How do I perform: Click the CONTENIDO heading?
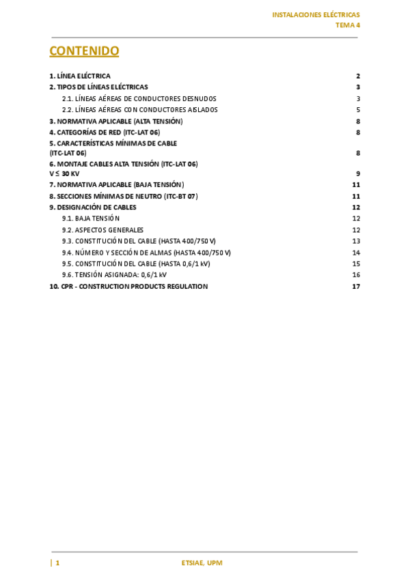tap(84, 51)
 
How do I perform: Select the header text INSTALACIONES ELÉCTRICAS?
tap(316, 14)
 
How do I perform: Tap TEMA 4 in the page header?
tap(347, 25)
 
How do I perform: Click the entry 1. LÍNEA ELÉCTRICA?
tap(80, 76)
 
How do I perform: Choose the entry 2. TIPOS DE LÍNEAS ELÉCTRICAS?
tap(98, 87)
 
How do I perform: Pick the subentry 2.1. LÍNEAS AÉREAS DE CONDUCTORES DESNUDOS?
tap(139, 98)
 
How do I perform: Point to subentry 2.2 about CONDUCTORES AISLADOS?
tap(140, 109)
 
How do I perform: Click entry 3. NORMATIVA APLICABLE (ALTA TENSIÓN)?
tap(115, 121)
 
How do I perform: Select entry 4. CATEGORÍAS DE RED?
tap(105, 132)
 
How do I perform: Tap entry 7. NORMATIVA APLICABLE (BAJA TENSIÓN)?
tap(116, 184)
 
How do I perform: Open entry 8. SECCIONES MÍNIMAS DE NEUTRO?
tap(123, 196)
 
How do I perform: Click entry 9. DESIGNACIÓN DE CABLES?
tap(93, 207)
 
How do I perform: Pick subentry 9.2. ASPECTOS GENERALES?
tap(102, 230)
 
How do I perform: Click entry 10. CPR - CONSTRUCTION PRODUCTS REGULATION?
tap(128, 286)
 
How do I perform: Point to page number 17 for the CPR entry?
tap(356, 286)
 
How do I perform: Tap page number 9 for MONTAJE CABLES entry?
tap(357, 173)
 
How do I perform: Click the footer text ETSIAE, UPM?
tap(202, 563)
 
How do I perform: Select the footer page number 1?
tap(57, 563)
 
